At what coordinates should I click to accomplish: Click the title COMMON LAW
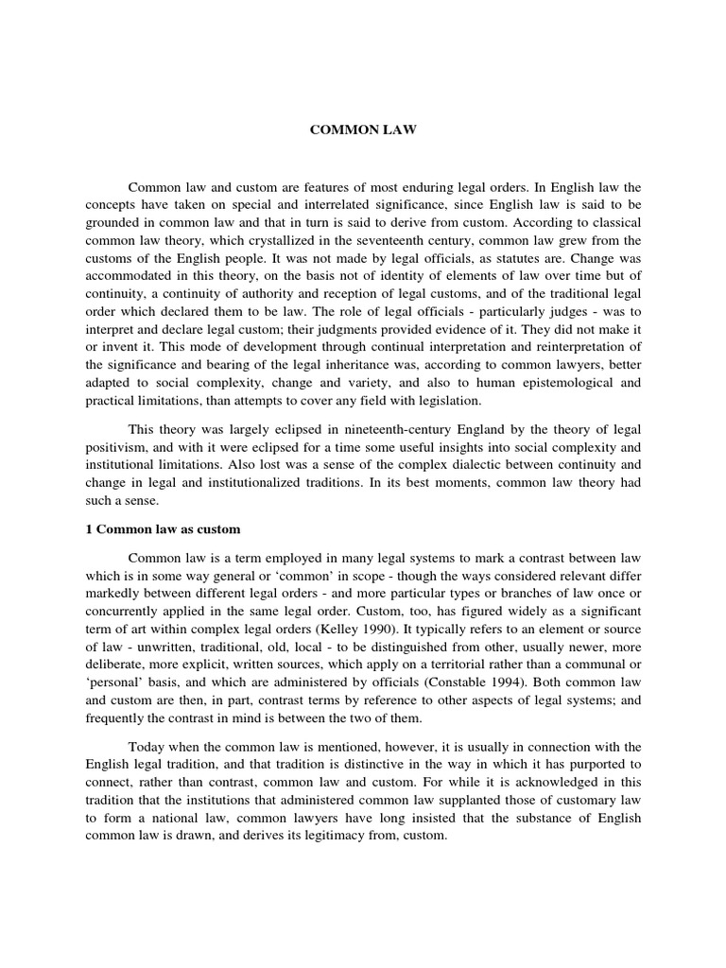point(363,130)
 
